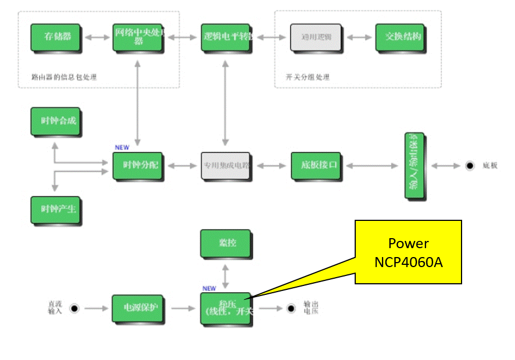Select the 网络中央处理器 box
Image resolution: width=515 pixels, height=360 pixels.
coord(138,37)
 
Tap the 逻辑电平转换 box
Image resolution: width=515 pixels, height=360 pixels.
coord(227,37)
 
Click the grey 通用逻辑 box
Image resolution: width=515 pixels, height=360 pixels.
coord(315,37)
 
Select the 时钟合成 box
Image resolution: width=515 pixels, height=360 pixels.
coord(55,121)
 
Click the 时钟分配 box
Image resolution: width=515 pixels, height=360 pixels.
coord(138,166)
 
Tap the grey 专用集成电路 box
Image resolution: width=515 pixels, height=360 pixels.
coord(226,166)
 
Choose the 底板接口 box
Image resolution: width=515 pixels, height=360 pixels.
coord(316,165)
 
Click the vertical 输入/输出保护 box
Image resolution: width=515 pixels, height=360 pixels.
coord(415,166)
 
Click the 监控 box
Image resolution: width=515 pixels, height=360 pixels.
coord(225,244)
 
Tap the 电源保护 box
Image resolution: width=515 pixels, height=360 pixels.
coord(138,308)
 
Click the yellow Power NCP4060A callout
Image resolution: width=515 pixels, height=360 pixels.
coord(408,251)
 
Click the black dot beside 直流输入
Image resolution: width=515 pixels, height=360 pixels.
coord(73,308)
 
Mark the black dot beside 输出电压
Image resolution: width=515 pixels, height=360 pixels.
coord(291,308)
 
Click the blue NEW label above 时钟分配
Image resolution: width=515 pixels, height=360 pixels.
coord(121,147)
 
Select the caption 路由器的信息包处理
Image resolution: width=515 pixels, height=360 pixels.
coord(64,77)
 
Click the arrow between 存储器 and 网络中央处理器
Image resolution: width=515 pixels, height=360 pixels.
coord(96,37)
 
